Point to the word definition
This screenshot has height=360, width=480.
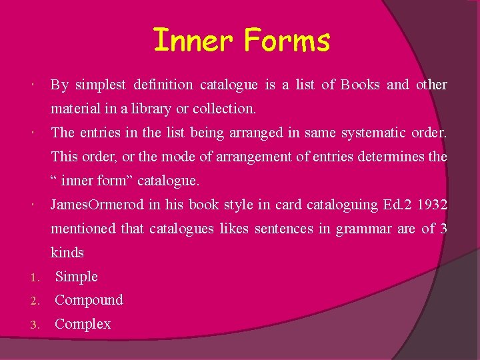point(163,85)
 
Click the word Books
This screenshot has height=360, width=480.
point(360,85)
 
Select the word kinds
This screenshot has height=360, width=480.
point(67,253)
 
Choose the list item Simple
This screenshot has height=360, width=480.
point(76,277)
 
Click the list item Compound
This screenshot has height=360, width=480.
point(89,300)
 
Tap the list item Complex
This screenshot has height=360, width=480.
point(83,324)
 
